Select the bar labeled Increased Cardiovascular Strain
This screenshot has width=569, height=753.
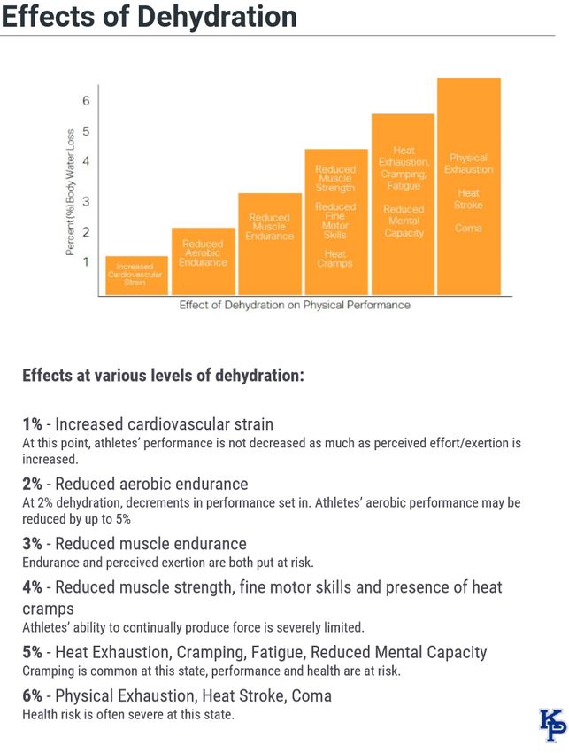pyautogui.click(x=137, y=276)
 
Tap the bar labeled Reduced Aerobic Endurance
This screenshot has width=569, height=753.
pyautogui.click(x=204, y=261)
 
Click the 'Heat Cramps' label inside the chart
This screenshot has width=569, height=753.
pyautogui.click(x=335, y=258)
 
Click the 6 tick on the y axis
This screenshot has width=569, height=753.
pyautogui.click(x=87, y=101)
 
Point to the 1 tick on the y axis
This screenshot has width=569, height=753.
pyautogui.click(x=87, y=261)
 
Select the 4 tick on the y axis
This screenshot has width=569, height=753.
pyautogui.click(x=87, y=161)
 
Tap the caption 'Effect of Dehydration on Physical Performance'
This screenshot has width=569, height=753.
pyautogui.click(x=295, y=305)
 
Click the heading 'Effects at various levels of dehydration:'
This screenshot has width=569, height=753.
pyautogui.click(x=164, y=375)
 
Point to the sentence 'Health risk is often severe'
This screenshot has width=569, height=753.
pyautogui.click(x=128, y=714)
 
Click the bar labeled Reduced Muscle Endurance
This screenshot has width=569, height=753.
pyautogui.click(x=270, y=244)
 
